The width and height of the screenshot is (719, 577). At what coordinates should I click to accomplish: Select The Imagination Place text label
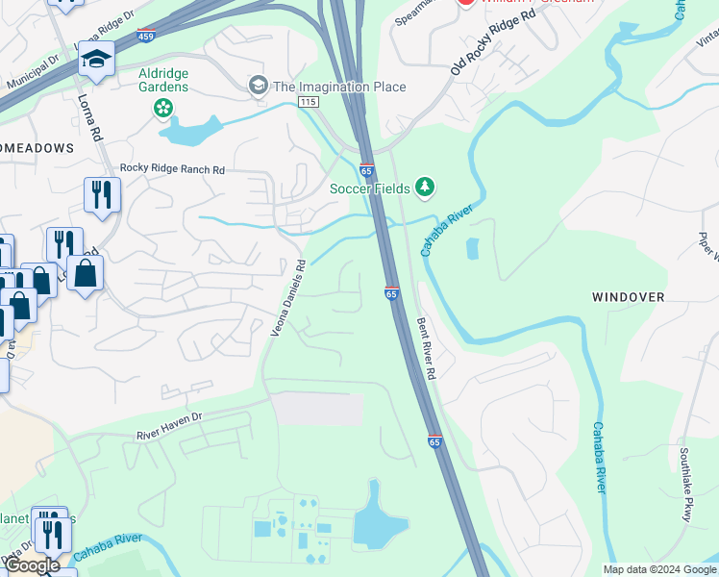(339, 87)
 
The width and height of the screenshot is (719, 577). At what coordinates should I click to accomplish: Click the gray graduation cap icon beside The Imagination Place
(258, 87)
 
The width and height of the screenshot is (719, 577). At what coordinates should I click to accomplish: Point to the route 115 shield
(308, 101)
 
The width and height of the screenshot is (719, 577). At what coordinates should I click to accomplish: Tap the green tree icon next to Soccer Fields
(425, 187)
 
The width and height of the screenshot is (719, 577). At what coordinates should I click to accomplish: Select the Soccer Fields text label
(369, 188)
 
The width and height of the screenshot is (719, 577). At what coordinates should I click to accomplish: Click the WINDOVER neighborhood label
(628, 297)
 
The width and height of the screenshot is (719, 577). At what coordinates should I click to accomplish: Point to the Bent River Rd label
(426, 347)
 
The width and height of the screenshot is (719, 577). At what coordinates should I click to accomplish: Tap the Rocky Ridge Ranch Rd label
(172, 169)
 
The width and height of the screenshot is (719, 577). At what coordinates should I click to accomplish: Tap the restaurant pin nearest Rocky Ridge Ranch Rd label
(101, 195)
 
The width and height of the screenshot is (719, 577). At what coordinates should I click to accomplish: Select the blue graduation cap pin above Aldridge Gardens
(96, 61)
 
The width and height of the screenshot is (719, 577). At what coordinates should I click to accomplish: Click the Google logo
(32, 566)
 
